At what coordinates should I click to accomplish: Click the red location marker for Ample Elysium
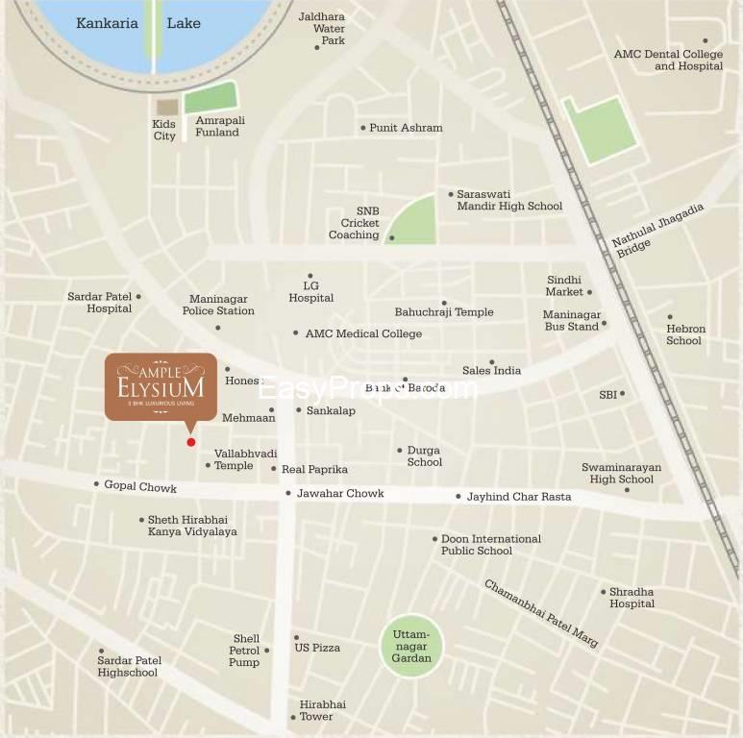pos(191,442)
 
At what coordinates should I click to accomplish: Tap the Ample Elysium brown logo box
pos(161,385)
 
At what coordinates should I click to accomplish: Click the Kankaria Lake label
pos(138,23)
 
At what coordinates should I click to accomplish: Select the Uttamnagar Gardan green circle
pos(411,646)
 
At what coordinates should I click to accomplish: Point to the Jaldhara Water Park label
pos(322,29)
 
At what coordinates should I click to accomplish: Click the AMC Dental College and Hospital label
pos(668,61)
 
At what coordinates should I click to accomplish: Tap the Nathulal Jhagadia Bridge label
pos(659,231)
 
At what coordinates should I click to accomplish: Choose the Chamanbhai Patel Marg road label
pos(541,613)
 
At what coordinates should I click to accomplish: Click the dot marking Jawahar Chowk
pos(287,494)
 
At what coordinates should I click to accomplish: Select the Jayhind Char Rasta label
pos(519,497)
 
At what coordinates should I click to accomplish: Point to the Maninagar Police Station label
pos(218,306)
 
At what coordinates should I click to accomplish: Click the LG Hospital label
pos(310,292)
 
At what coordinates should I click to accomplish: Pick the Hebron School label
pos(685,334)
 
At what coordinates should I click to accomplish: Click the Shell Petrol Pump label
pos(245,651)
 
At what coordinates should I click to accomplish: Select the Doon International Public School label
pos(490,545)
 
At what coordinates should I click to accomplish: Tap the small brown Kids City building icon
pos(167,107)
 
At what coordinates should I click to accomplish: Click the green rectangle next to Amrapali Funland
pos(211,97)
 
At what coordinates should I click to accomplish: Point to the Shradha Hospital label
pos(632,598)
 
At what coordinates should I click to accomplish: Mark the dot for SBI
pos(622,393)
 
